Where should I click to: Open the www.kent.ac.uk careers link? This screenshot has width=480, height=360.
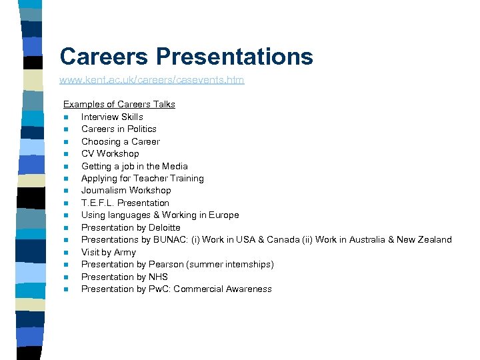(x=151, y=80)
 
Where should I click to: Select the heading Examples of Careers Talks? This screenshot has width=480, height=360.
(x=119, y=104)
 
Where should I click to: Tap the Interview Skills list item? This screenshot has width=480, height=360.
(x=112, y=117)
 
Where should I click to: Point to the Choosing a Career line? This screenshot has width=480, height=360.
(x=120, y=141)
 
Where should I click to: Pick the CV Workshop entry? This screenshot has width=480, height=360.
(x=110, y=153)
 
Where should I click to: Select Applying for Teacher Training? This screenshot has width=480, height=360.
(x=142, y=178)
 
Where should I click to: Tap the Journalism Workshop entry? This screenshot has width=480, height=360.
(x=126, y=190)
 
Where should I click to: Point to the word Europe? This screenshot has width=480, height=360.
(x=225, y=215)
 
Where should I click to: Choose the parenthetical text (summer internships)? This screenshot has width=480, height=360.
(x=231, y=264)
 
